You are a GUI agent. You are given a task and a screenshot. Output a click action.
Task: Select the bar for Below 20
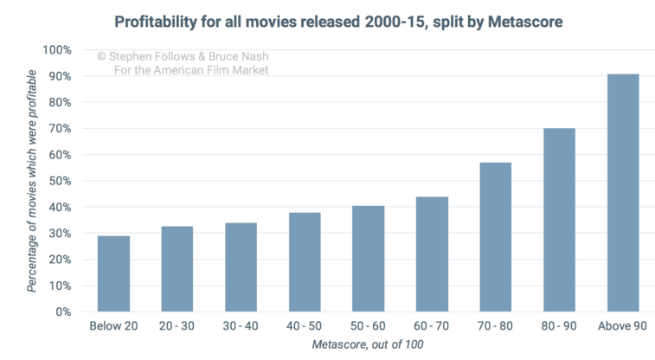112,273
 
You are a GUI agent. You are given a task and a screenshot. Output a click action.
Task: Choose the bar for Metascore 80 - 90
559,220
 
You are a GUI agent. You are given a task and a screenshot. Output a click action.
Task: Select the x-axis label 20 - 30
177,326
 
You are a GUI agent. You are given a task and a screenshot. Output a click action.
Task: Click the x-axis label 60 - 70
432,326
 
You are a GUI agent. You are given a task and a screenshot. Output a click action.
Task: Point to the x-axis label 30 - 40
241,326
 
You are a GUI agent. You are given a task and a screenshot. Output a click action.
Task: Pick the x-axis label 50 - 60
368,326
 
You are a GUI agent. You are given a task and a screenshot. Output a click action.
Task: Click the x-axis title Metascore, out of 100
368,345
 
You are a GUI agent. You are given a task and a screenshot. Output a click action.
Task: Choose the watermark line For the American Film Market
191,70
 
